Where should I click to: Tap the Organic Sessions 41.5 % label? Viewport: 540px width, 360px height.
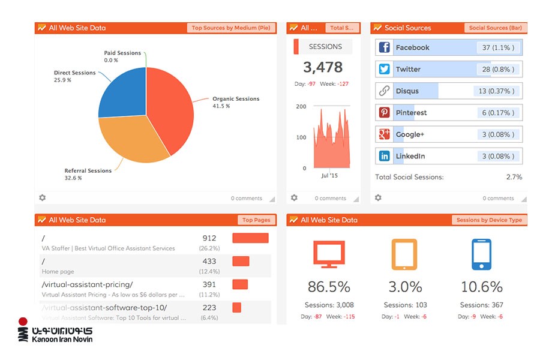click(235, 103)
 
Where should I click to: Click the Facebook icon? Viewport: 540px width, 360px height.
click(384, 48)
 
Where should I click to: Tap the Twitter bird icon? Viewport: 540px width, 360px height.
click(384, 70)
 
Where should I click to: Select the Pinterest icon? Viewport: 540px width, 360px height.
click(384, 113)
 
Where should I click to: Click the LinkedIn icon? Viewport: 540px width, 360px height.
click(384, 156)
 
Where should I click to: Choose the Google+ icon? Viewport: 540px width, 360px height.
click(384, 134)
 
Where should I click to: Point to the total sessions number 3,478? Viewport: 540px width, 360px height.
click(323, 67)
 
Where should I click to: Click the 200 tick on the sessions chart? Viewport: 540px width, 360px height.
click(301, 106)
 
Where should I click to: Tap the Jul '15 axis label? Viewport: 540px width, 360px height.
click(330, 176)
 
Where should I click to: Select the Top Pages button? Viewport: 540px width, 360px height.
click(256, 220)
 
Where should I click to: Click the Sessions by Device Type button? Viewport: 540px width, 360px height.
click(489, 220)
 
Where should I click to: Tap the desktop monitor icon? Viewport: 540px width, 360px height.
click(329, 254)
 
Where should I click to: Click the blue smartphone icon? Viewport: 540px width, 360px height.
click(481, 254)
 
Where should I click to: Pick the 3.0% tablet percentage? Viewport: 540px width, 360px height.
click(405, 287)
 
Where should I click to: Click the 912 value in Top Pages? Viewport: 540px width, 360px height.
click(209, 238)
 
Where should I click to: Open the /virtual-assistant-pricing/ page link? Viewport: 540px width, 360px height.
click(88, 284)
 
